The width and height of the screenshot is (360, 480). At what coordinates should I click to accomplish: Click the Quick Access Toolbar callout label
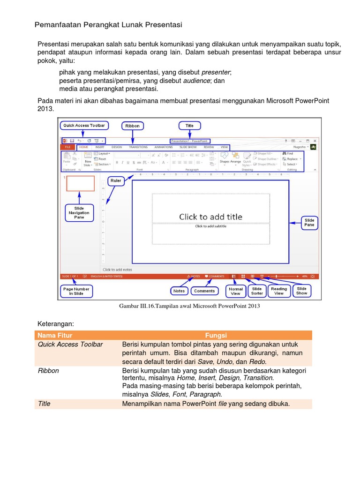click(84, 126)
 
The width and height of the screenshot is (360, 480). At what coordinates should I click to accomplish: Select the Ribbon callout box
click(133, 126)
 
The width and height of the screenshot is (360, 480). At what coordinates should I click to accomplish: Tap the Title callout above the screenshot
click(189, 126)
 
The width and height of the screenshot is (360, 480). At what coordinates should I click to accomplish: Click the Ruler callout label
click(115, 180)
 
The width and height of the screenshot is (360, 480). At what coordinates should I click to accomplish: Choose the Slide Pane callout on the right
click(309, 223)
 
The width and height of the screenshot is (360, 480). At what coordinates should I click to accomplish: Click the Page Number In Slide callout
click(76, 292)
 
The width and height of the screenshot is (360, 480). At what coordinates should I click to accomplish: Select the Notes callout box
click(179, 291)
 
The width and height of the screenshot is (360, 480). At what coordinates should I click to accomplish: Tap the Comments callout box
click(204, 291)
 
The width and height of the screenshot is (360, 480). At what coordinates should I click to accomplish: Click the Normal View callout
click(235, 291)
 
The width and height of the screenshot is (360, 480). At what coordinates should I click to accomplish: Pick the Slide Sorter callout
click(257, 291)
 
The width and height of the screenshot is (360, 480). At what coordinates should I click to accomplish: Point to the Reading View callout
click(279, 291)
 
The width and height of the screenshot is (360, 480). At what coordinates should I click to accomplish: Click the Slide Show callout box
click(301, 291)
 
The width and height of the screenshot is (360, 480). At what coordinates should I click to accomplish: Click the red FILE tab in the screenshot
click(67, 147)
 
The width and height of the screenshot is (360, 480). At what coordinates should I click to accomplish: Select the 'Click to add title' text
click(210, 217)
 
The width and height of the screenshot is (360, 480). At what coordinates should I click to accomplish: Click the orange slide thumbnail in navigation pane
click(80, 184)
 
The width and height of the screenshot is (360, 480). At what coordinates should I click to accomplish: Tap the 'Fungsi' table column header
click(216, 335)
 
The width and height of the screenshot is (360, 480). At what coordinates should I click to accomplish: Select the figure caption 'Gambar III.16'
click(189, 306)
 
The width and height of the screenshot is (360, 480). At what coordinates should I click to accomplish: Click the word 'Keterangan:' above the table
click(56, 323)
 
